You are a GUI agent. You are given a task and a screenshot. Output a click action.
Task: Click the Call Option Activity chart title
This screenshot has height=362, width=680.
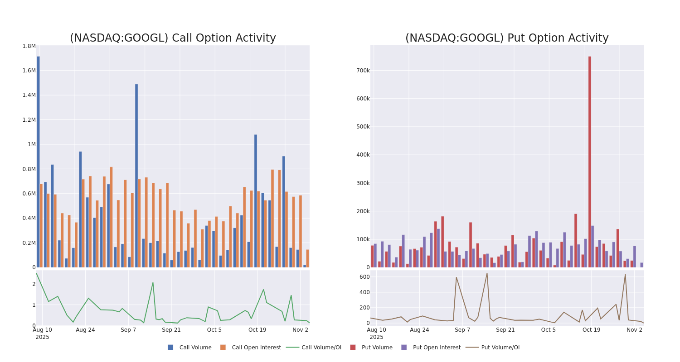click(173, 38)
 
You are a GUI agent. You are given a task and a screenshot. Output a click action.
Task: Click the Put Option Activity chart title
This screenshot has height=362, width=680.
click(507, 38)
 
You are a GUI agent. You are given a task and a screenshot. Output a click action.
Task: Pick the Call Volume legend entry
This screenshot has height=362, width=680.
click(189, 348)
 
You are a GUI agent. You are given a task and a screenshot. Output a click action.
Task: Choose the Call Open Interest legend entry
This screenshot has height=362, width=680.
click(251, 348)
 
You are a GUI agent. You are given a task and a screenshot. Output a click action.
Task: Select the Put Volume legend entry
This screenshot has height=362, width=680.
click(371, 348)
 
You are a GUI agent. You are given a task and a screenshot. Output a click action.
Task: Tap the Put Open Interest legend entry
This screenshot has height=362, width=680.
click(431, 348)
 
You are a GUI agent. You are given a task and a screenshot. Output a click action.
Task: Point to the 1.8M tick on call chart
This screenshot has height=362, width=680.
click(29, 46)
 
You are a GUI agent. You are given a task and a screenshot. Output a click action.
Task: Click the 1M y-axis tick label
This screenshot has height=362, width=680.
click(31, 144)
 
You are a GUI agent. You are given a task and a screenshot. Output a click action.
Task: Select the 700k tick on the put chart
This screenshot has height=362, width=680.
click(363, 71)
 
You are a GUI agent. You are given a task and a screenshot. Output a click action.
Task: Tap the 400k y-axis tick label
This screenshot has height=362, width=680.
click(363, 155)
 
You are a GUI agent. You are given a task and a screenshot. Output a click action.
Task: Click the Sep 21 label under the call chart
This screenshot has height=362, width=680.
click(171, 330)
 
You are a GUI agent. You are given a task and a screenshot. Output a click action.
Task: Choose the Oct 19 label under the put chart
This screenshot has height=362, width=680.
click(591, 330)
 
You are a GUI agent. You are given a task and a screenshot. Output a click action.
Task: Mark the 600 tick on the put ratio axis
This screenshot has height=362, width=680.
click(364, 277)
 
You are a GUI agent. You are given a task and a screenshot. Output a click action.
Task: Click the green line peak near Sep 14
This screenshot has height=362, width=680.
click(153, 283)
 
